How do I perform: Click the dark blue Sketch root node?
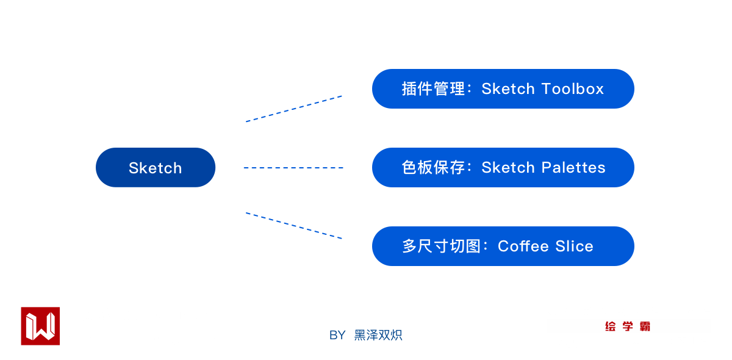[x=156, y=168]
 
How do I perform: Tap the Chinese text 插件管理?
[x=434, y=89]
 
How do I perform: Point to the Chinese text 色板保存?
[x=434, y=168]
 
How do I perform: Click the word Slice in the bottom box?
[x=574, y=247]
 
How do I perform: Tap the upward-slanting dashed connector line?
[x=294, y=109]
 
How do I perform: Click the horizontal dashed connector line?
[x=294, y=168]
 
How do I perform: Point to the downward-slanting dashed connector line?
[x=294, y=226]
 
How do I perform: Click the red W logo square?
[x=40, y=326]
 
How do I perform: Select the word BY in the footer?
[x=337, y=335]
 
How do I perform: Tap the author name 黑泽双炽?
[x=378, y=335]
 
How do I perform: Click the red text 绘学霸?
[x=628, y=326]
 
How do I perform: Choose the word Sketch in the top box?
[x=508, y=89]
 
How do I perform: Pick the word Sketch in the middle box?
[x=508, y=168]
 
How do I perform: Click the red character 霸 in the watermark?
[x=645, y=326]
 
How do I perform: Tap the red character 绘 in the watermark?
[x=610, y=326]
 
